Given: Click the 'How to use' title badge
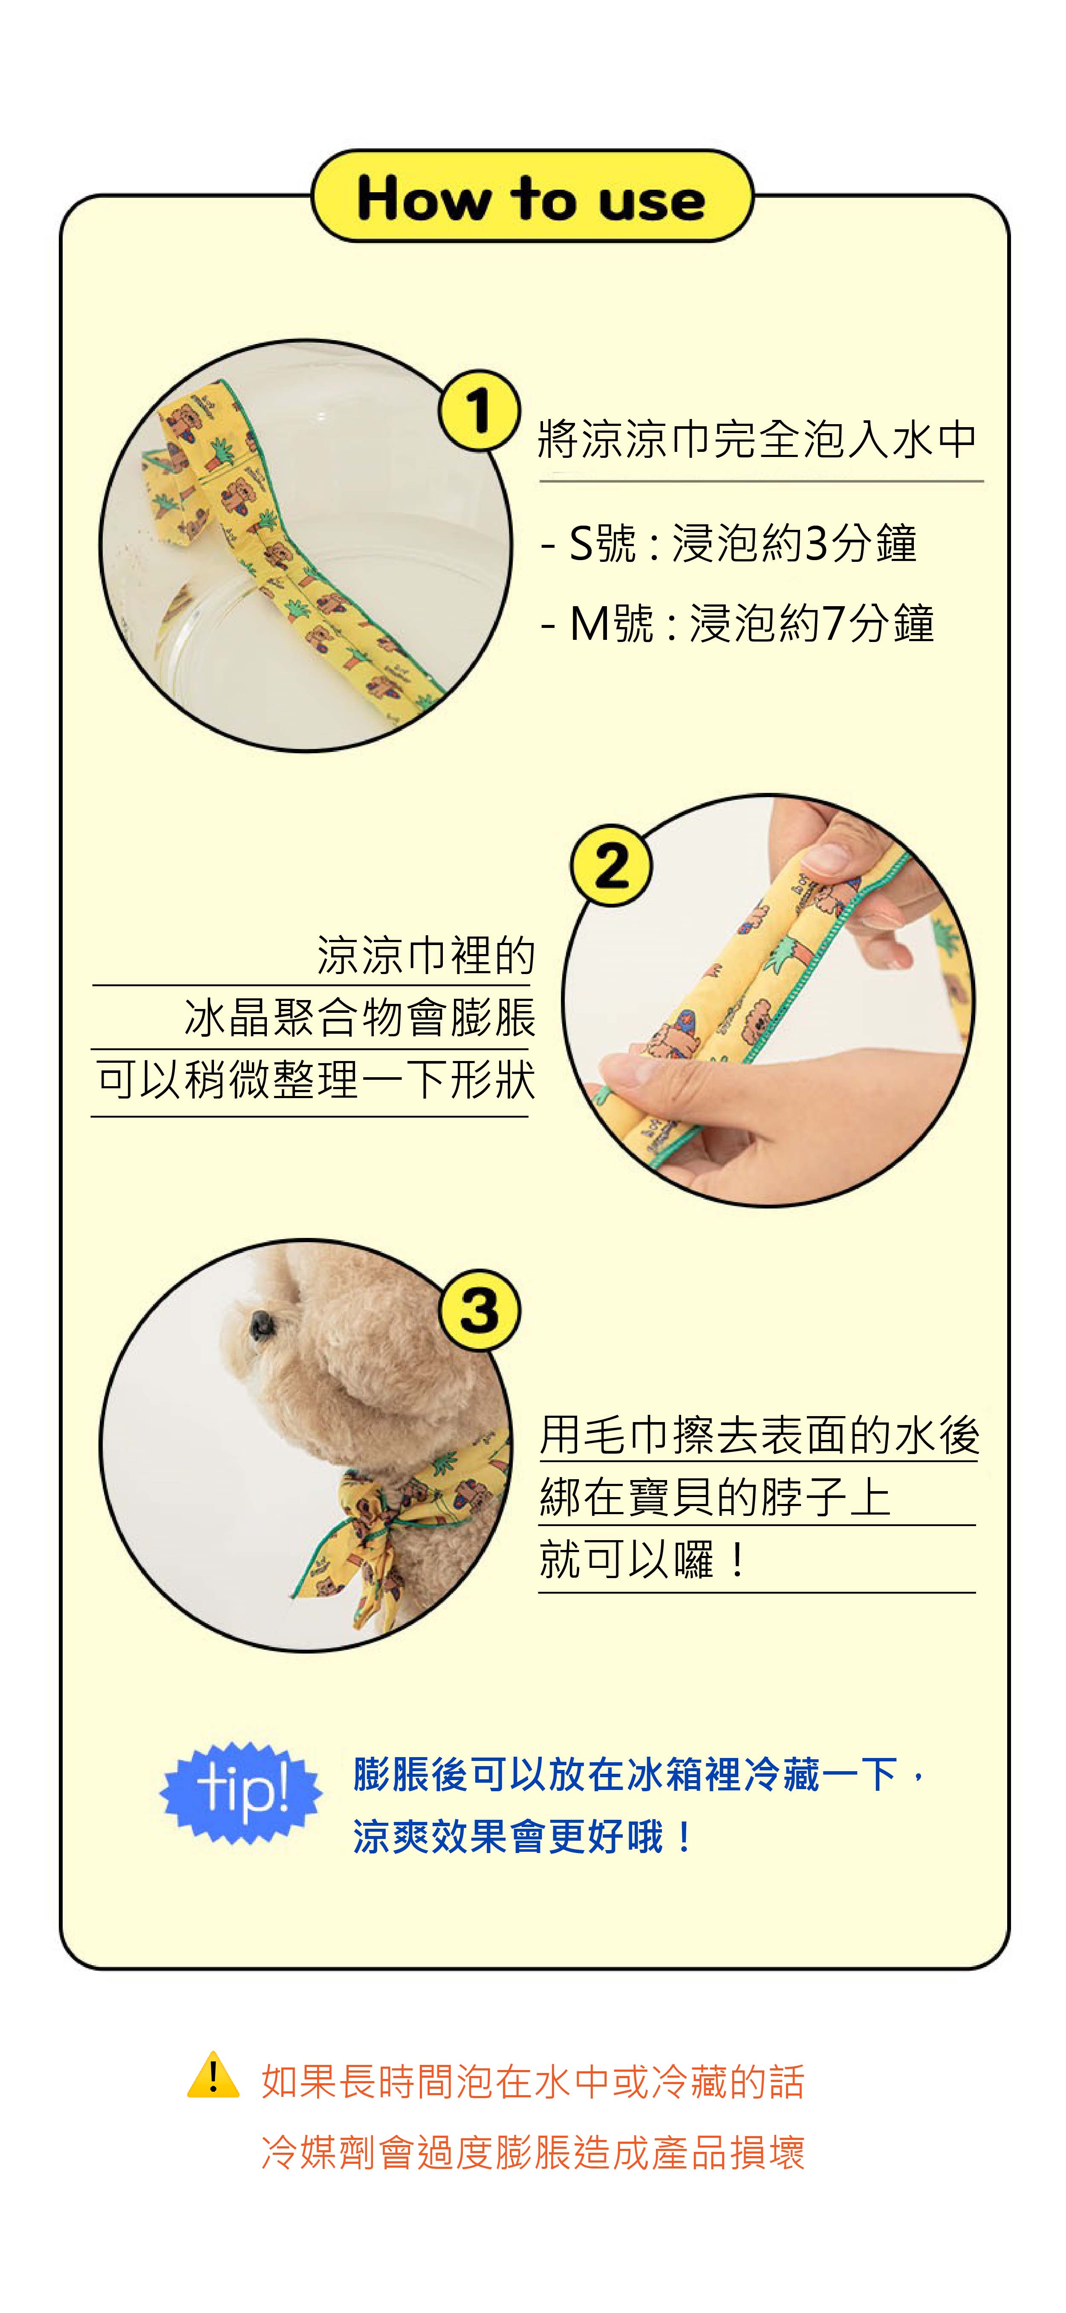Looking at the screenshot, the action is point(532,196).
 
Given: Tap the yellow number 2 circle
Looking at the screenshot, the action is point(611,866).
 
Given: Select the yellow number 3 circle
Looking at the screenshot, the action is point(480,1309).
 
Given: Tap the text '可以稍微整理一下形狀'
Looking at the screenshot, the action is point(316,1079).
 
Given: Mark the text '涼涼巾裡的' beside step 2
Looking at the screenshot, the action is point(426,954).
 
